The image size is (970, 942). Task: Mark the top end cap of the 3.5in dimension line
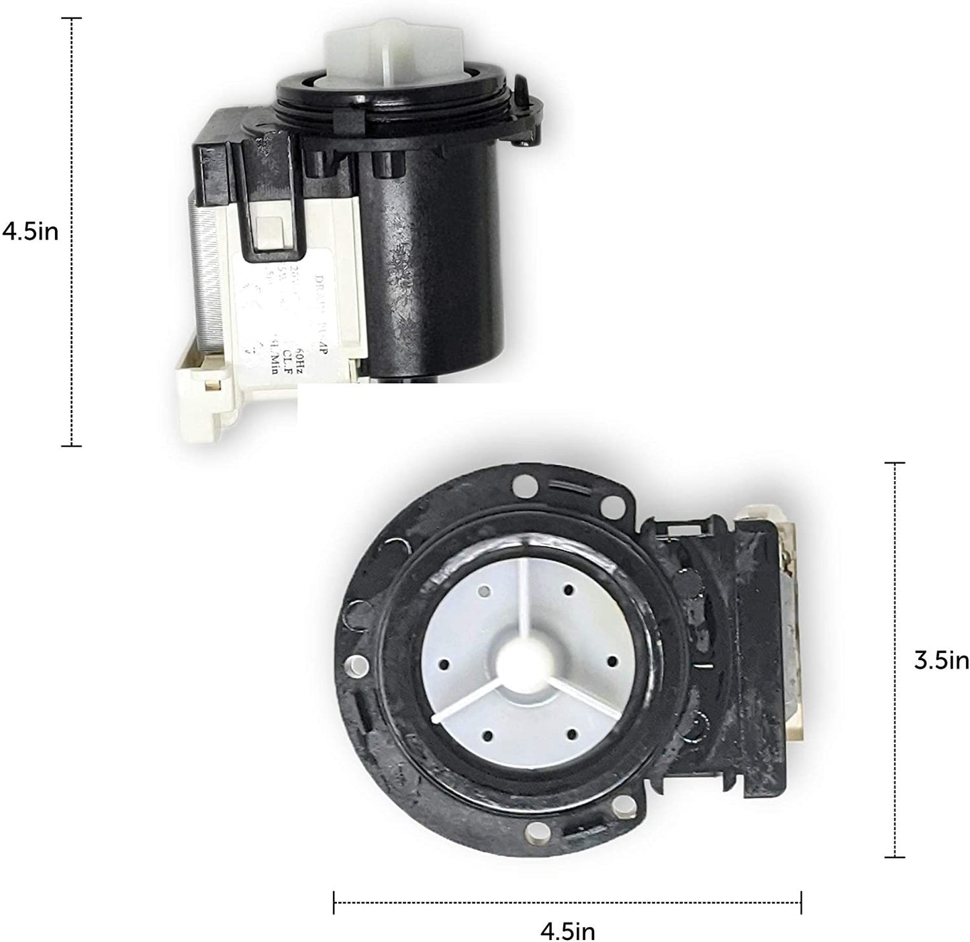click(894, 462)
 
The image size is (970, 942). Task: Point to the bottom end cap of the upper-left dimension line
click(71, 446)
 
